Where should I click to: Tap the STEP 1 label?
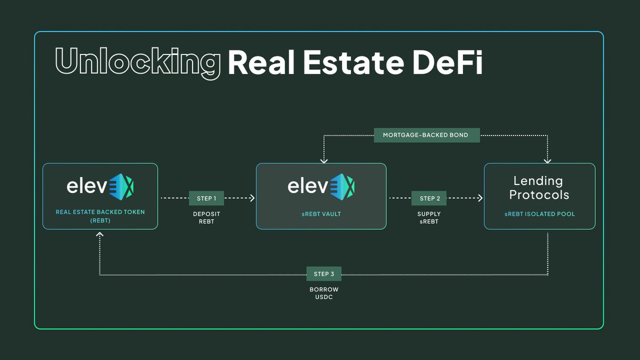[206, 198]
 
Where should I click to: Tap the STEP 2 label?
[429, 198]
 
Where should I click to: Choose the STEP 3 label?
[324, 274]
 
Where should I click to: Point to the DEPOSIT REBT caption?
[206, 218]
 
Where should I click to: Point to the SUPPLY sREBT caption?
[429, 218]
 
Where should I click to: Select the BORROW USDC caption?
[324, 293]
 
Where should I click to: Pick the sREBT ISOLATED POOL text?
[539, 214]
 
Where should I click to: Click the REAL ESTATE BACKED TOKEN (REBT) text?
[100, 216]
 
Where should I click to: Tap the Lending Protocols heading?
[539, 188]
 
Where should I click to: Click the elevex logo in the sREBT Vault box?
[321, 186]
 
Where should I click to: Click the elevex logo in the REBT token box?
[100, 186]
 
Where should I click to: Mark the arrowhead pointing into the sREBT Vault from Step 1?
[252, 198]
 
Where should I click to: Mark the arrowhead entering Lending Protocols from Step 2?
[480, 198]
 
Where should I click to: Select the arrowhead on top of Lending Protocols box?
[548, 159]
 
